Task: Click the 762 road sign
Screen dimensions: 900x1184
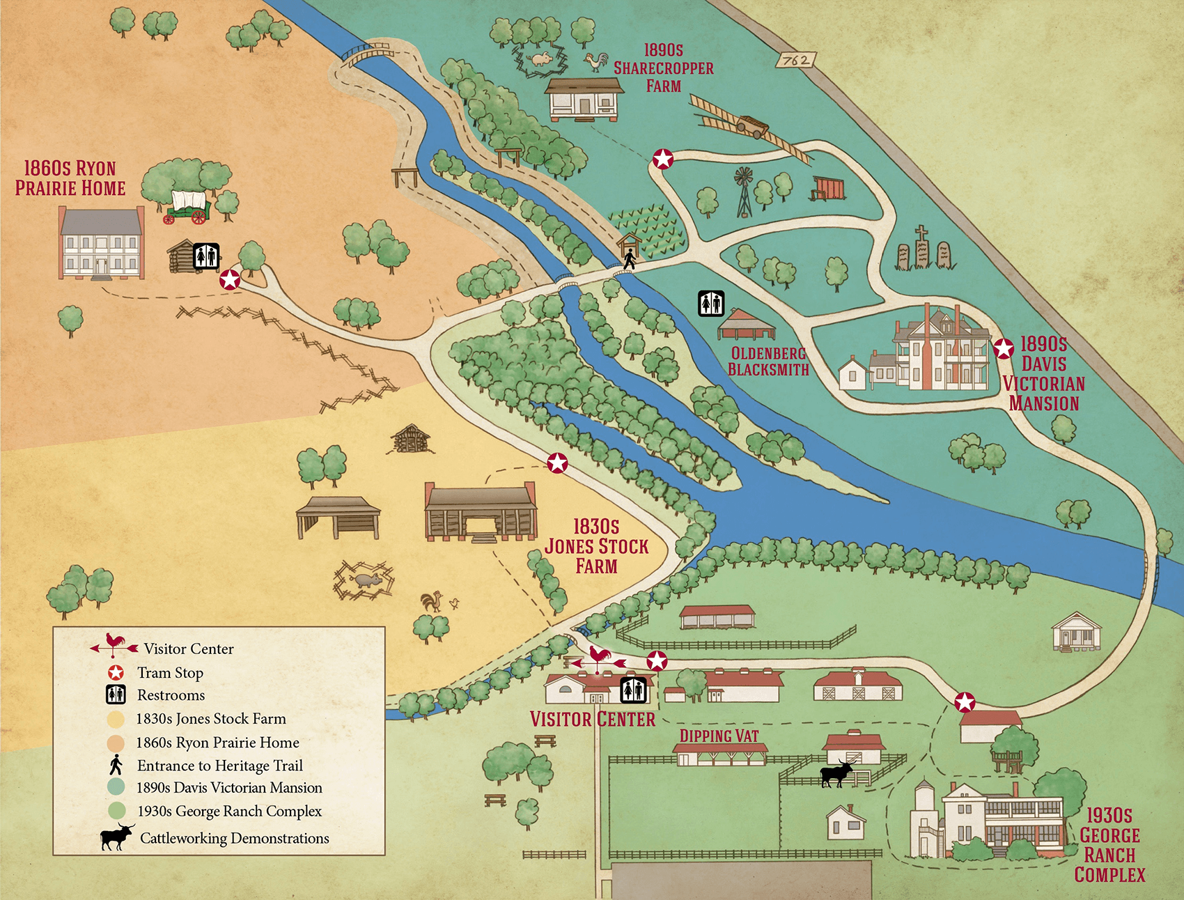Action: pos(796,61)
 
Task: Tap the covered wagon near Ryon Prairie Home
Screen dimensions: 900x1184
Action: pos(188,207)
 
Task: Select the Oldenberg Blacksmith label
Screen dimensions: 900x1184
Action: pos(768,362)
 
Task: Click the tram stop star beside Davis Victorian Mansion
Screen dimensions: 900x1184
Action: pos(1004,348)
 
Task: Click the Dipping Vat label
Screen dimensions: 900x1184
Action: pos(719,736)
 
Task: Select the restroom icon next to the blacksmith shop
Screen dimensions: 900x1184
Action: pos(711,304)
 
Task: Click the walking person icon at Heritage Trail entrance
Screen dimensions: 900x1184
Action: pos(629,259)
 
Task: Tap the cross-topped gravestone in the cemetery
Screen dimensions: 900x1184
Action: pos(921,247)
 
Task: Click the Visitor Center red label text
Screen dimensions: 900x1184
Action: pos(592,719)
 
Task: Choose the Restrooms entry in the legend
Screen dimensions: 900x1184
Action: pos(171,695)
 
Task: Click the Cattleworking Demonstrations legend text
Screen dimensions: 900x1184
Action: pos(234,838)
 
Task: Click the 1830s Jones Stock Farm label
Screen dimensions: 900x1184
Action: pos(596,546)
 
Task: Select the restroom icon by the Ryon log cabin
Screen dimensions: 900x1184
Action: pos(206,256)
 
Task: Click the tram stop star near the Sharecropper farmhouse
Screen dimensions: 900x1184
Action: pos(662,160)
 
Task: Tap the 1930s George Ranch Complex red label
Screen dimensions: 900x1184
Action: pos(1109,845)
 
